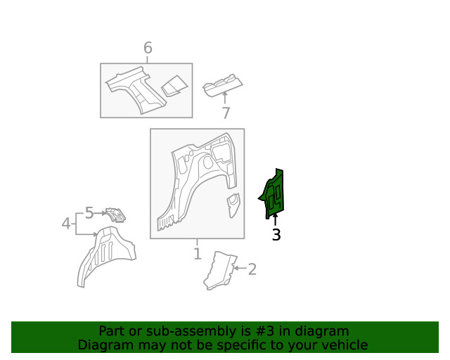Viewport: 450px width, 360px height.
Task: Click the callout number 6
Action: (x=148, y=48)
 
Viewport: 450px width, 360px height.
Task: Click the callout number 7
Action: (x=225, y=113)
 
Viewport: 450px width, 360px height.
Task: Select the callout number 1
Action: (x=197, y=253)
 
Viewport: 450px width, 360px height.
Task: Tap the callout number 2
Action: (x=252, y=268)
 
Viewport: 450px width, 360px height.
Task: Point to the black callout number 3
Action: (x=276, y=235)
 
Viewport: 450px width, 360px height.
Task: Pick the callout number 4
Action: (x=65, y=224)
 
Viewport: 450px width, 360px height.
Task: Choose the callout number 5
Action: (x=89, y=212)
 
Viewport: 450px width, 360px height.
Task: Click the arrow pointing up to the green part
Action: (x=275, y=219)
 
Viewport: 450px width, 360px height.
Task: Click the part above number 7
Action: (x=223, y=86)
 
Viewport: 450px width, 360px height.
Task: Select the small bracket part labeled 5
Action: (x=114, y=214)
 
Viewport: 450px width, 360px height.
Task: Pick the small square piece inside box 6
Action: (x=174, y=86)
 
